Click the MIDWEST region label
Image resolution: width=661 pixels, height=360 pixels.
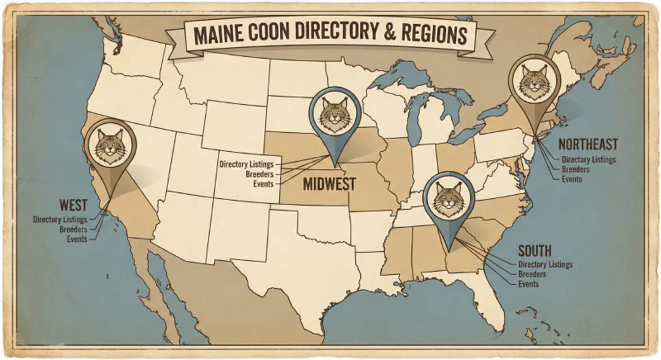[x=328, y=182]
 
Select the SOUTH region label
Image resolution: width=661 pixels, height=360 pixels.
[x=538, y=250]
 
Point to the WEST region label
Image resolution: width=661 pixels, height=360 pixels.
[x=75, y=204]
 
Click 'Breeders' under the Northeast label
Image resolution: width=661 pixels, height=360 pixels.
[x=575, y=168]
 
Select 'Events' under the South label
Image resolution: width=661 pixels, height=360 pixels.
[x=529, y=284]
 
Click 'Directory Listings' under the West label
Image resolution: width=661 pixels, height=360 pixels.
[x=64, y=220]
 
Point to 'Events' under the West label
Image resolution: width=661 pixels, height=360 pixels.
[x=77, y=239]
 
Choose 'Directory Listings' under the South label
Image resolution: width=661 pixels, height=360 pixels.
[x=545, y=264]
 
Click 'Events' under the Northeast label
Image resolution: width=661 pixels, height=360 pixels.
[x=572, y=178]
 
